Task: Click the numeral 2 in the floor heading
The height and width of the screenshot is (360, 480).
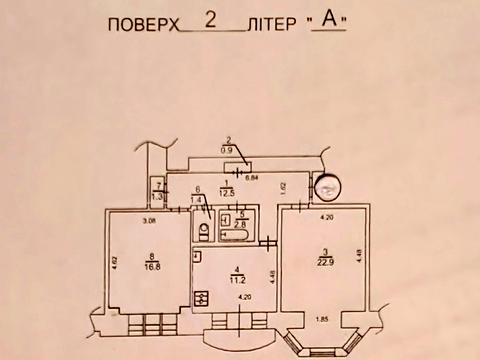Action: [x=208, y=18]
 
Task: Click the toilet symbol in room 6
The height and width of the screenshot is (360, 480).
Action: [x=203, y=232]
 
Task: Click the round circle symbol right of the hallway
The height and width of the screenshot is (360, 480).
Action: [x=326, y=187]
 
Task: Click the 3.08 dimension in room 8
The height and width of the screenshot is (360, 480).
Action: [x=150, y=219]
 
